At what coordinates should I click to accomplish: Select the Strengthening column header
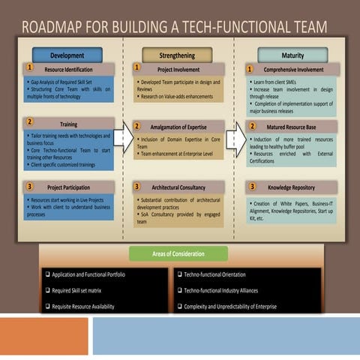(178, 55)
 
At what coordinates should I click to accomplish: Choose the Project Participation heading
(73, 187)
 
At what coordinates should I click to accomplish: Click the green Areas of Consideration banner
(178, 254)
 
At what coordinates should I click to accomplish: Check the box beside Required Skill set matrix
(47, 290)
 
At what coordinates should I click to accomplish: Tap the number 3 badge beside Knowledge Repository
(253, 186)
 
